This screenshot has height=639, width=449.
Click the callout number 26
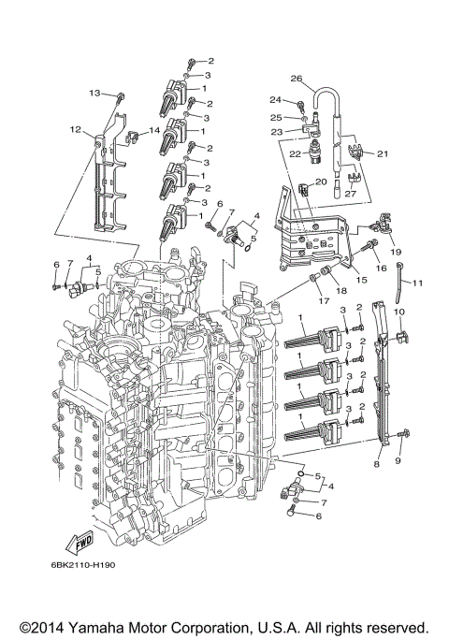click(x=297, y=79)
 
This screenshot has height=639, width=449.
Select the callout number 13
click(x=94, y=94)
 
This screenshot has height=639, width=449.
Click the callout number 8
click(x=377, y=463)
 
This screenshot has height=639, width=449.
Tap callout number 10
click(x=398, y=312)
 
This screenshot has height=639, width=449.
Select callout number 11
click(x=418, y=283)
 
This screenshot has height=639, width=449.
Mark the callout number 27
click(x=351, y=195)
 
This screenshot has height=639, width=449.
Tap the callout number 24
click(x=275, y=99)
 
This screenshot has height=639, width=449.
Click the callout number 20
click(x=320, y=182)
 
